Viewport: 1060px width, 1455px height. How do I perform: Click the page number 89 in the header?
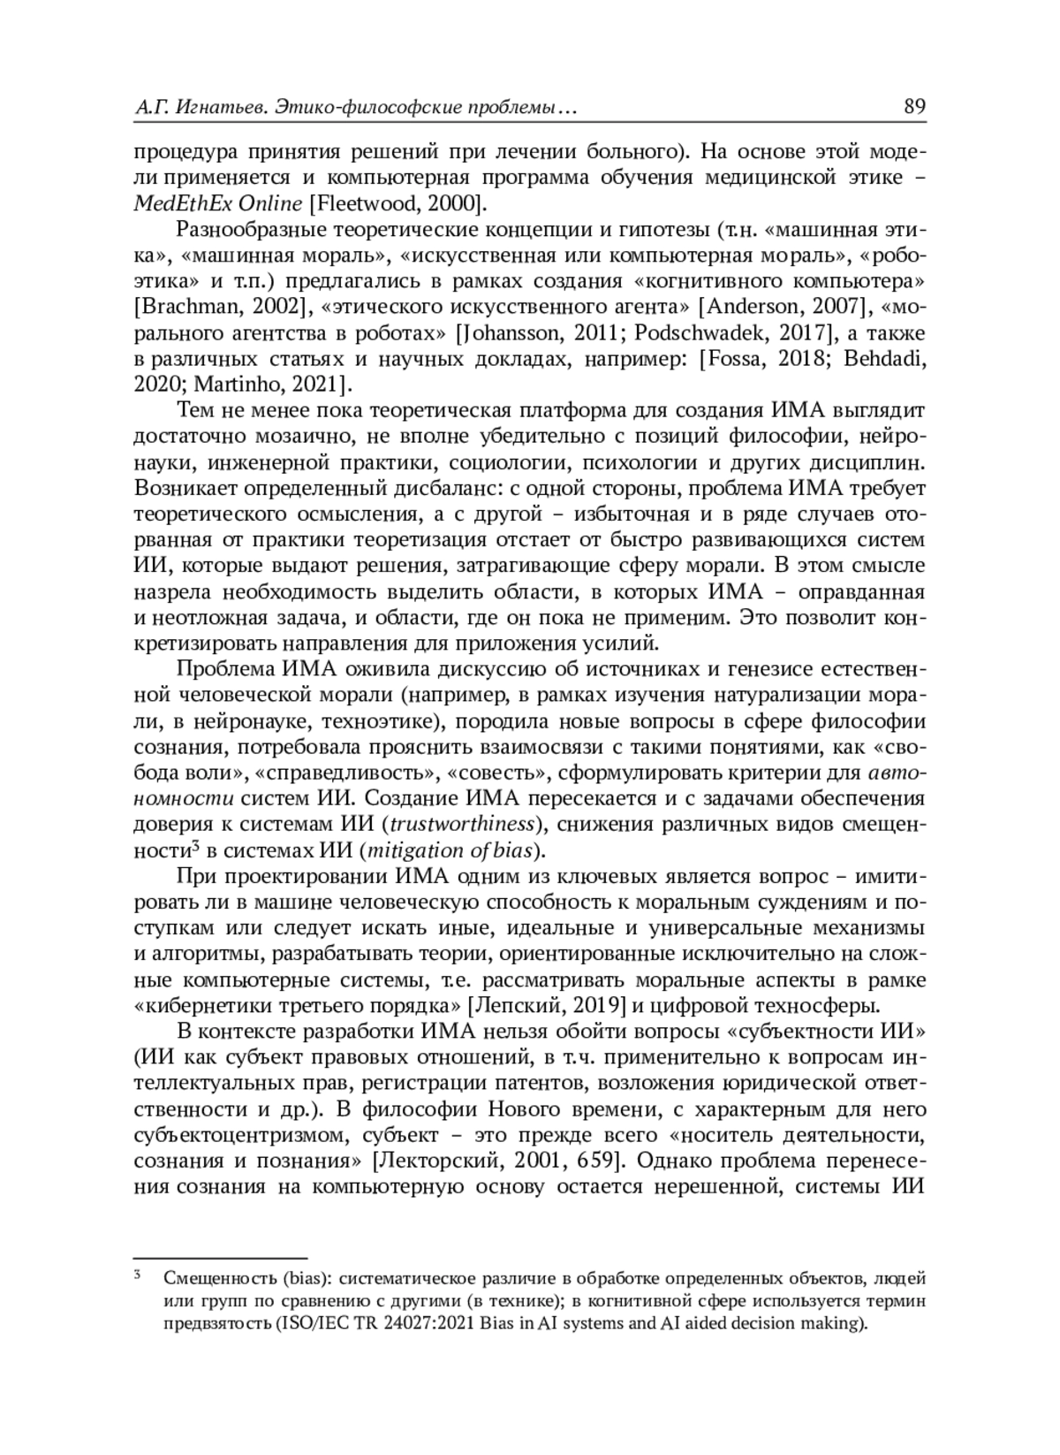point(914,108)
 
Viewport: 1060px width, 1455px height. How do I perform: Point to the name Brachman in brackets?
point(182,308)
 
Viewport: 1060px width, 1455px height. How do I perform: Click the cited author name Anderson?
point(748,308)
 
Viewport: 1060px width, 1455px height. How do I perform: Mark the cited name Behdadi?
point(884,359)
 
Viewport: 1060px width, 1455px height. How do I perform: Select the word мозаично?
point(286,437)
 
